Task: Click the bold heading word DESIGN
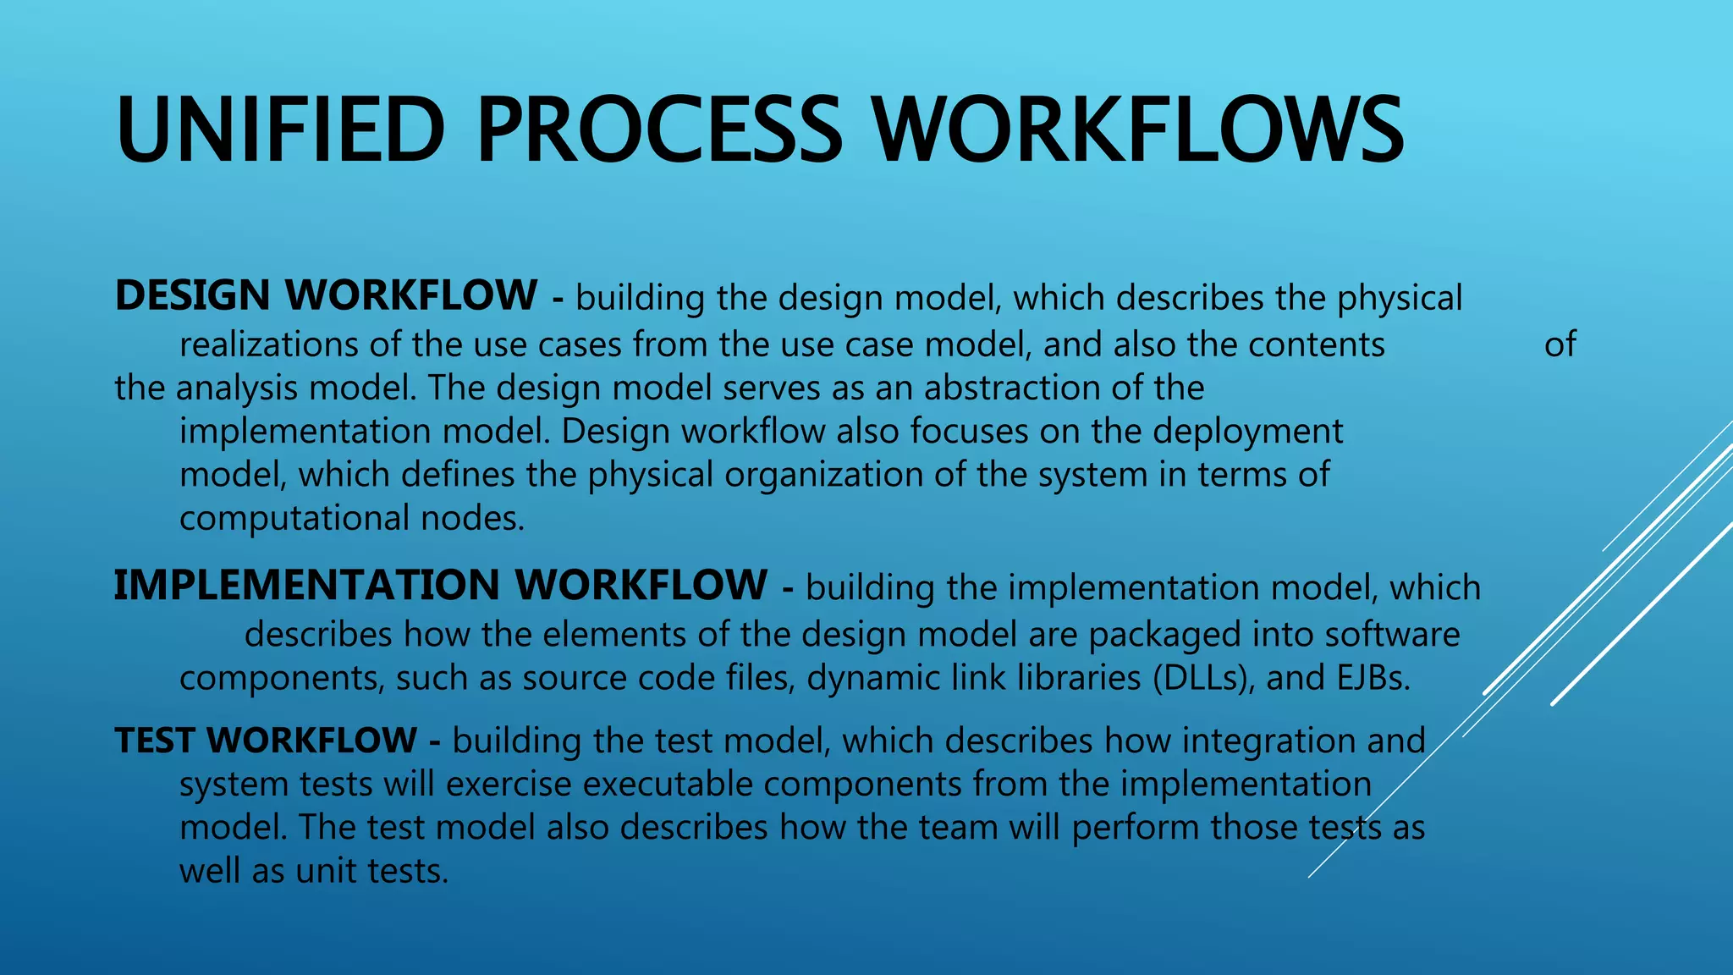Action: tap(192, 296)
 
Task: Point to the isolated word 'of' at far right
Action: tap(1560, 345)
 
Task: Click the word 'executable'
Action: tap(668, 785)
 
